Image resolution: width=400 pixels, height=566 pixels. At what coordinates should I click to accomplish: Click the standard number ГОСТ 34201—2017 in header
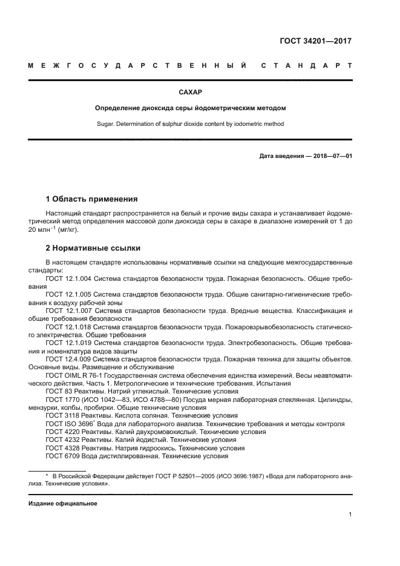click(x=315, y=42)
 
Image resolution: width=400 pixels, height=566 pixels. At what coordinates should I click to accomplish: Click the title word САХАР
click(x=191, y=93)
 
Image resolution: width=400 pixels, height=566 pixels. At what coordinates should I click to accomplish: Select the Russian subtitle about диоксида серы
click(x=191, y=108)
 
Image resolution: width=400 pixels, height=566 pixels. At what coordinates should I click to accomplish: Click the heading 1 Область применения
click(x=92, y=199)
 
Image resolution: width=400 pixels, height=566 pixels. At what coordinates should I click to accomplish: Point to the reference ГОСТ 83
click(x=59, y=392)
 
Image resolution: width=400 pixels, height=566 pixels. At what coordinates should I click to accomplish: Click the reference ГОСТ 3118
click(x=62, y=416)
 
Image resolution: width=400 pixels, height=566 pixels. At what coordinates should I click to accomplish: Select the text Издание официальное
click(x=63, y=503)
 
